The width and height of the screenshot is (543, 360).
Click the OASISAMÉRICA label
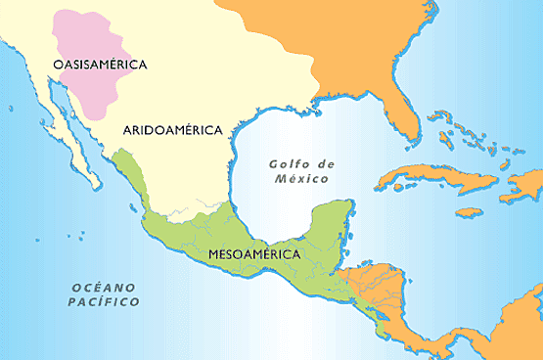100,65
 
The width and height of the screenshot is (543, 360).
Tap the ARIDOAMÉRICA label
173,129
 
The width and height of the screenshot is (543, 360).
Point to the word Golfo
289,164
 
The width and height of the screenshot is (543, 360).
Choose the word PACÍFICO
105,303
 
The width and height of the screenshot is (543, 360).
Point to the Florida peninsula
403,108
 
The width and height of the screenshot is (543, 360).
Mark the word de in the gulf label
324,164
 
